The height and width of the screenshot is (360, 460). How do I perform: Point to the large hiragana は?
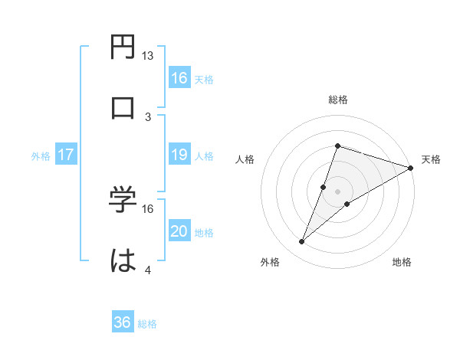124,261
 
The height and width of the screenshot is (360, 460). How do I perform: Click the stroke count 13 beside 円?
148,56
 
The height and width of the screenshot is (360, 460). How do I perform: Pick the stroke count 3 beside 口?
148,116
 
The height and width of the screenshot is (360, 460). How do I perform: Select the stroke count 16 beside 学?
148,208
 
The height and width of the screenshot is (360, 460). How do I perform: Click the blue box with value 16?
179,77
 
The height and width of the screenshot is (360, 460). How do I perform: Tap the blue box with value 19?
179,155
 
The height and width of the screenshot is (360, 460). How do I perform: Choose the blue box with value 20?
179,232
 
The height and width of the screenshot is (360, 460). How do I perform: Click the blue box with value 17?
66,155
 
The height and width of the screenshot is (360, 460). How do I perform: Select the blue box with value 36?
123,322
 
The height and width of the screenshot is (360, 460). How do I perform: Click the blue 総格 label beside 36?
148,324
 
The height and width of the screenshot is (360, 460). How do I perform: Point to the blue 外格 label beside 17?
41,156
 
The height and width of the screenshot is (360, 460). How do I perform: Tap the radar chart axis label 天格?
431,159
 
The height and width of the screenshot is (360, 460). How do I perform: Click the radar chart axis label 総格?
337,100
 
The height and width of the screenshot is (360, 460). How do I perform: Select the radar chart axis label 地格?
402,262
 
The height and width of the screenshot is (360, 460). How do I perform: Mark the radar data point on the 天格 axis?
410,168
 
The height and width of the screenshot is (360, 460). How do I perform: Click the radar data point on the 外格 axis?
302,242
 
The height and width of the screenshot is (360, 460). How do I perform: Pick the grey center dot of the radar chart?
337,191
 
